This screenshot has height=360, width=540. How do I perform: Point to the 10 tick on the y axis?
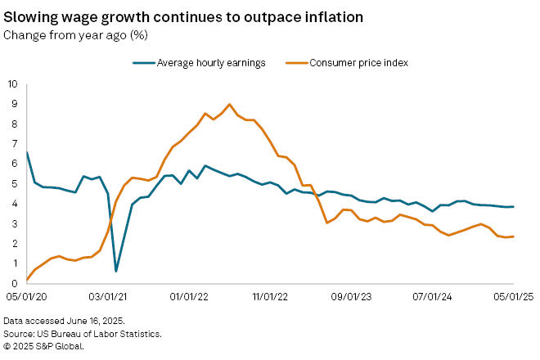coord(12,83)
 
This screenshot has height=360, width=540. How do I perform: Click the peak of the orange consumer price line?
coord(229,104)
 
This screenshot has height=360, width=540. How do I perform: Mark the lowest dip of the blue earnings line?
coord(116,271)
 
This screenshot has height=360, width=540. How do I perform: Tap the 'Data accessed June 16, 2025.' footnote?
coord(59,322)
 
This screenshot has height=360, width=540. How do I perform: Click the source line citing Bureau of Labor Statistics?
coord(82,334)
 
